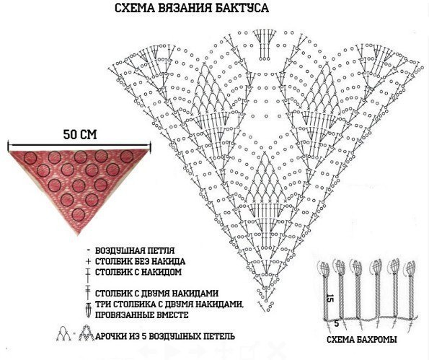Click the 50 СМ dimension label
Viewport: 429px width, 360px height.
pyautogui.click(x=80, y=134)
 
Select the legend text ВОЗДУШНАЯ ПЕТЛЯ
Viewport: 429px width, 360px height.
pyautogui.click(x=135, y=250)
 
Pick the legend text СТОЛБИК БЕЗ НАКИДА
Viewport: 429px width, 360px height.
pyautogui.click(x=140, y=261)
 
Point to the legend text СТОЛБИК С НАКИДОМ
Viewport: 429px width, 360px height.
pyautogui.click(x=138, y=273)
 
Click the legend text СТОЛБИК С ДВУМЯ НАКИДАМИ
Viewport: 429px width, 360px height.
pyautogui.click(x=156, y=294)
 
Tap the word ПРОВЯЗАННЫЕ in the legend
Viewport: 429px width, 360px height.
pyautogui.click(x=125, y=315)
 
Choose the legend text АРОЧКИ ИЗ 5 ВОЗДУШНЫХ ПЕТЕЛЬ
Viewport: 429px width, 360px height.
pyautogui.click(x=164, y=336)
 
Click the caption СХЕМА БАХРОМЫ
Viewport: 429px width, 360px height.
pyautogui.click(x=362, y=340)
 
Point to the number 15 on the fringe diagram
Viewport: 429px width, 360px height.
pyautogui.click(x=330, y=298)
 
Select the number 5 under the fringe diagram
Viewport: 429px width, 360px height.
pyautogui.click(x=337, y=324)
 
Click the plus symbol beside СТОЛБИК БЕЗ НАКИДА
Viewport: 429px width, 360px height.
pyautogui.click(x=88, y=261)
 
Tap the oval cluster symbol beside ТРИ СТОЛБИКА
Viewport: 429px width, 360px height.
pyautogui.click(x=88, y=310)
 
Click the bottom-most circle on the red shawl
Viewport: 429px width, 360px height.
pyautogui.click(x=79, y=215)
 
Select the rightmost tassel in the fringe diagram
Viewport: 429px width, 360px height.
pyautogui.click(x=411, y=291)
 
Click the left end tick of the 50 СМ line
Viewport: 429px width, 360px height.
pyautogui.click(x=9, y=145)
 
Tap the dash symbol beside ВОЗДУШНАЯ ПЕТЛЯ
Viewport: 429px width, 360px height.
pyautogui.click(x=88, y=250)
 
